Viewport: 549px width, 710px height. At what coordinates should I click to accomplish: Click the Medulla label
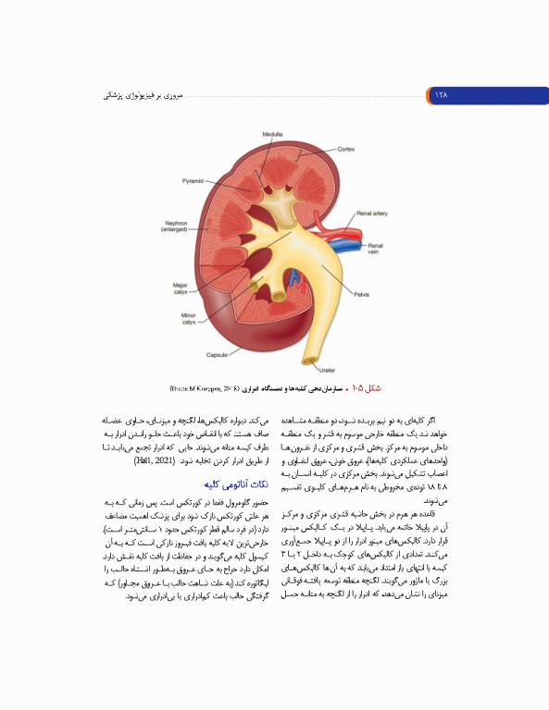pos(272,135)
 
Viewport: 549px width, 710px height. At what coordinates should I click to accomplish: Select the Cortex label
pos(345,149)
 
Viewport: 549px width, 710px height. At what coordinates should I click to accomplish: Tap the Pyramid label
pos(193,180)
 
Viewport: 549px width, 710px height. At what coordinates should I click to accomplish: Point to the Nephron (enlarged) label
pos(176,226)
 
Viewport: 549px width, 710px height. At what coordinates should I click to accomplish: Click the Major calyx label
pos(181,288)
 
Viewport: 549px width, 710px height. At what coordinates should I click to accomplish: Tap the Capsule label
pos(216,354)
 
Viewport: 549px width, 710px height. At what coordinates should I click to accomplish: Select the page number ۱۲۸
pos(438,94)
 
